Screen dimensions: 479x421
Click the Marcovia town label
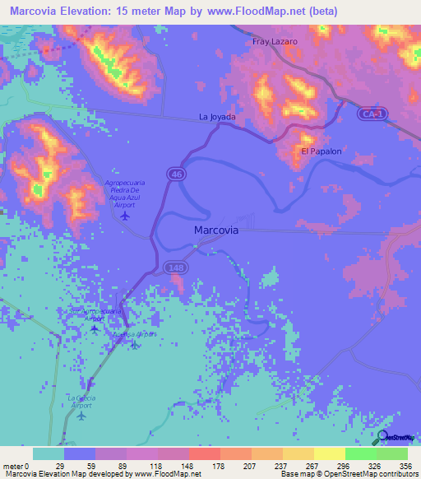point(216,230)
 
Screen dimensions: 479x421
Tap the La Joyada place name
point(217,117)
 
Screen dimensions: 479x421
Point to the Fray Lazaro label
point(275,40)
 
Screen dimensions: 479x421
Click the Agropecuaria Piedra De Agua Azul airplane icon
point(125,216)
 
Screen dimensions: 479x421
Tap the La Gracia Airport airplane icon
point(81,415)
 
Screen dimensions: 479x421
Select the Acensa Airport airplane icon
point(135,345)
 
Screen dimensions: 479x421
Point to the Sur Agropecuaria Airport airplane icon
point(94,329)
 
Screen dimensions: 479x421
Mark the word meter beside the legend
point(12,467)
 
